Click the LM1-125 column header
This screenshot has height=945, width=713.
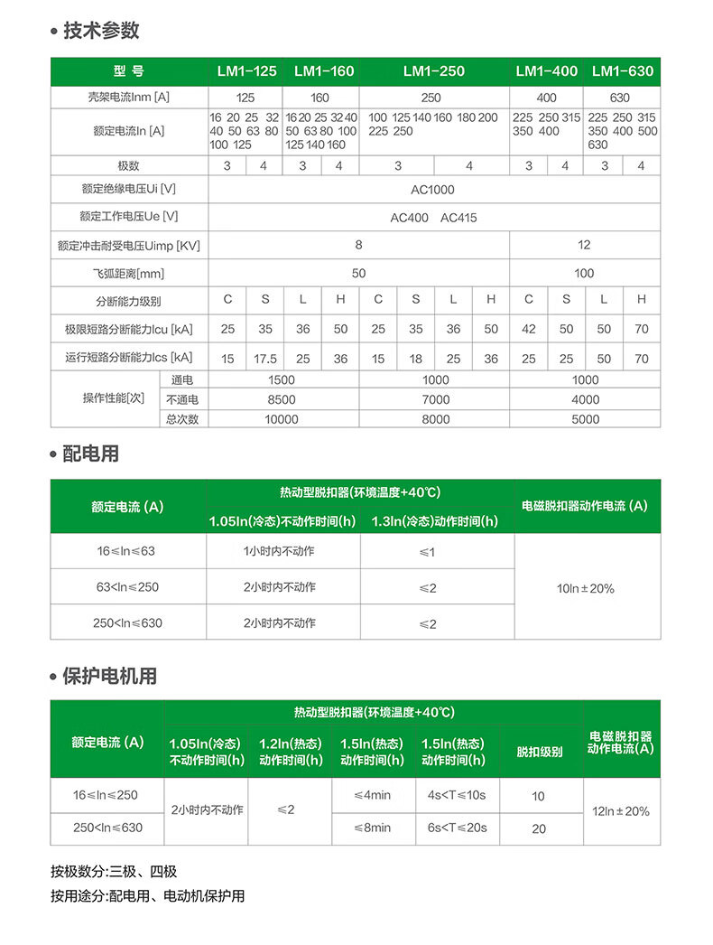tap(246, 71)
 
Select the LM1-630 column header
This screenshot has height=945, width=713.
tap(622, 71)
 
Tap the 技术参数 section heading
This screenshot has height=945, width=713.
tap(101, 31)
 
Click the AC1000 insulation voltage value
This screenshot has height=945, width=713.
tap(433, 190)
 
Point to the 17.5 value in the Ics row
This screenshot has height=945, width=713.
tap(265, 359)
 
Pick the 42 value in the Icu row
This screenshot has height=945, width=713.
tap(529, 330)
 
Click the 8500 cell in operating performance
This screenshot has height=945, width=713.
tap(282, 399)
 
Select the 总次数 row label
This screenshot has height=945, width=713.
tap(182, 419)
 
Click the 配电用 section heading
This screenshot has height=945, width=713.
tap(90, 454)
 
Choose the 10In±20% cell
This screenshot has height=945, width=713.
tap(586, 588)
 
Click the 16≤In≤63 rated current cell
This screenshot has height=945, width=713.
tap(126, 551)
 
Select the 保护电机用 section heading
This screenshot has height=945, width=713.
tap(109, 676)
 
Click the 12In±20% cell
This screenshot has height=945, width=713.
tap(620, 811)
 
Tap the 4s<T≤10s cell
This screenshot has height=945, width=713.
tap(457, 796)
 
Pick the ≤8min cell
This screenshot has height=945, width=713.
tap(372, 828)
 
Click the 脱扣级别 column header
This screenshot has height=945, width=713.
tap(539, 752)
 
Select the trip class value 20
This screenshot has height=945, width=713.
tap(539, 828)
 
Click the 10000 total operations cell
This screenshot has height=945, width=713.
tap(282, 419)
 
